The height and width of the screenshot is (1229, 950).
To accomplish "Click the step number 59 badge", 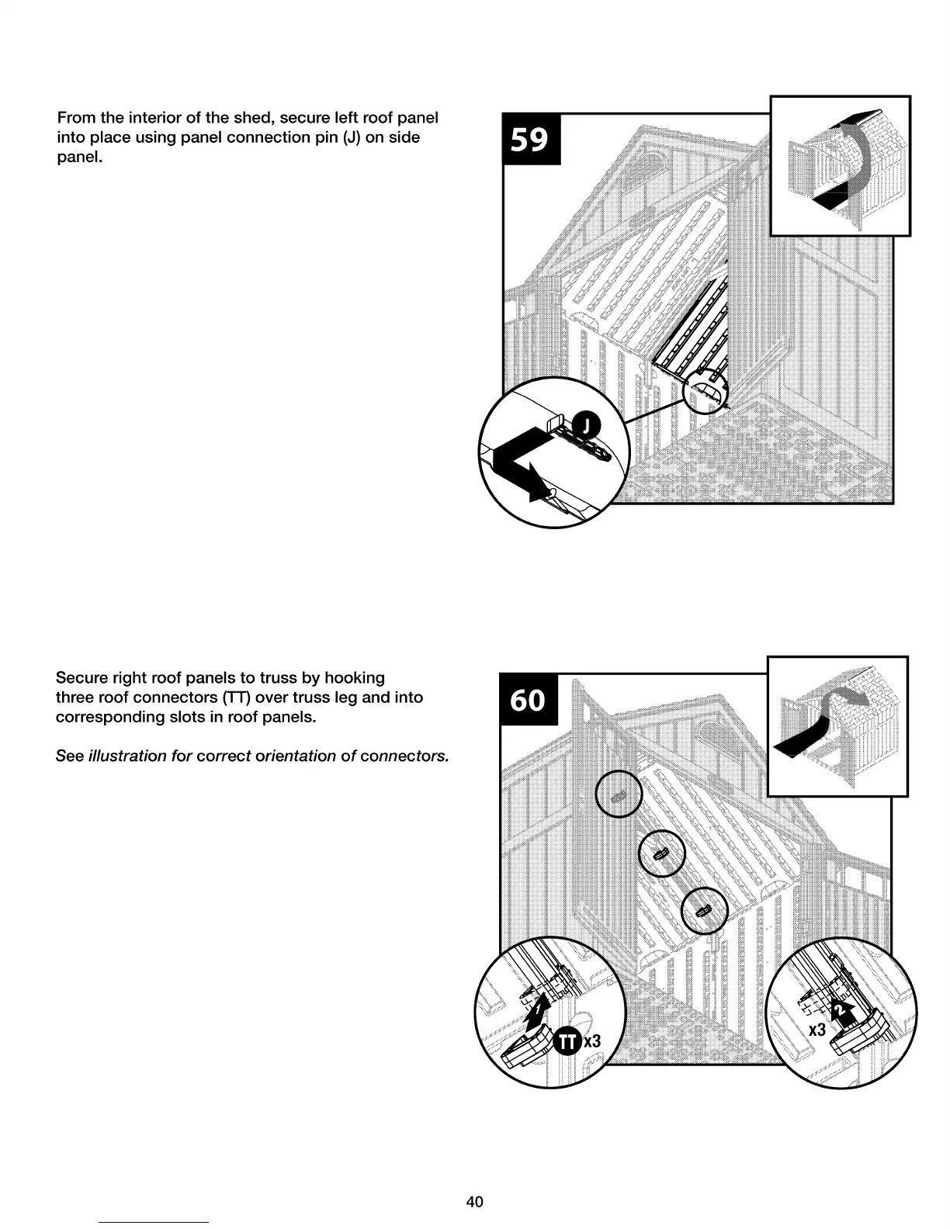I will [x=531, y=140].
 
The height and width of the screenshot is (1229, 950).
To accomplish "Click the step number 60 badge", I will [x=528, y=699].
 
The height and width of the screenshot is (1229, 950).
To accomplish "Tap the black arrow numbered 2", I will [x=841, y=1010].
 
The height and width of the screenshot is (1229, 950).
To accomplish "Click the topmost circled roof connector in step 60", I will [x=619, y=797].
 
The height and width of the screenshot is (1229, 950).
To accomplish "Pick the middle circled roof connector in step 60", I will [x=660, y=854].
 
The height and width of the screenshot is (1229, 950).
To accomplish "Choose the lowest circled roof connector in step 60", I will [x=704, y=910].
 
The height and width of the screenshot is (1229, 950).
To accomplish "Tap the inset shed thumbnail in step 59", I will [x=840, y=165].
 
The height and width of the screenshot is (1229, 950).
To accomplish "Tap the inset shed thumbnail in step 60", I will [x=837, y=726].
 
